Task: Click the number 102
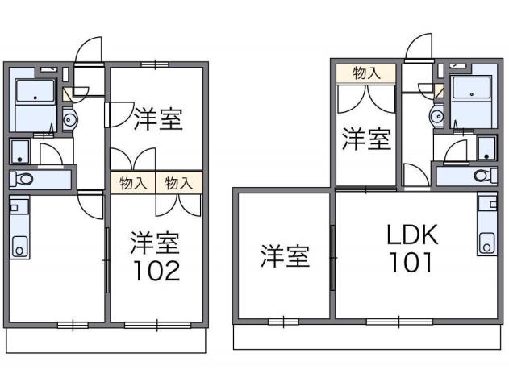tap(156, 271)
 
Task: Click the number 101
tap(411, 263)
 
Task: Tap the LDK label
tap(411, 235)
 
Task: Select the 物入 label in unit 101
tap(367, 73)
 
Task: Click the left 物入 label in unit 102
tap(133, 182)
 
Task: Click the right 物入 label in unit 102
tap(179, 182)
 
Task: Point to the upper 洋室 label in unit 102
tap(158, 119)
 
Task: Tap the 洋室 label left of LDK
tap(285, 257)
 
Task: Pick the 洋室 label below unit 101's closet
tap(366, 139)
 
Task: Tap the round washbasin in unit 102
tap(69, 122)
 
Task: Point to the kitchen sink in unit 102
tap(19, 245)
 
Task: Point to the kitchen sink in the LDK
tap(486, 240)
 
